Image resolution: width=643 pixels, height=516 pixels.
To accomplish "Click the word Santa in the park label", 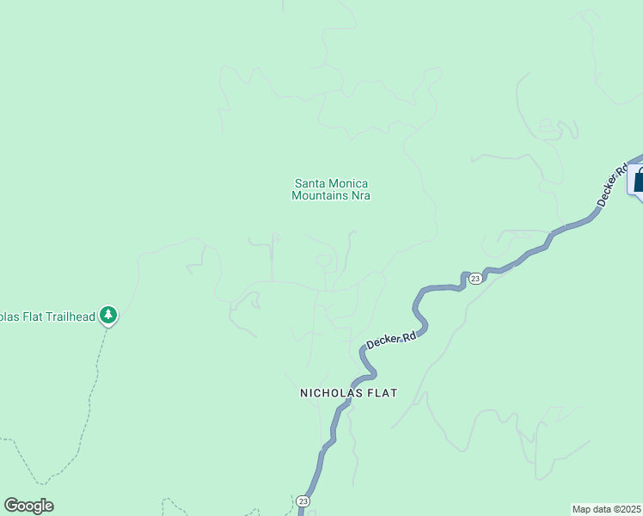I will (x=310, y=183).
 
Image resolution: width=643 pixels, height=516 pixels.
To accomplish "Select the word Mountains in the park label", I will (x=320, y=195).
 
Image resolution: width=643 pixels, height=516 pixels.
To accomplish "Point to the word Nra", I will (x=360, y=195).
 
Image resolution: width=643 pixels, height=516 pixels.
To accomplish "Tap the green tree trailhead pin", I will (x=107, y=316).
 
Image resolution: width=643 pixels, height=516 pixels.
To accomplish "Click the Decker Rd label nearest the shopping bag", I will (x=612, y=185).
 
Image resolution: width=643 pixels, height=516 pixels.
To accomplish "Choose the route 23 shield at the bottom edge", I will (x=303, y=501).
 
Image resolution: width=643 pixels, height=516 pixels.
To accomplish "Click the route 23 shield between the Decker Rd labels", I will (x=475, y=278).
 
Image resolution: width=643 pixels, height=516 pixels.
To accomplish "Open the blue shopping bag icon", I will (x=638, y=181).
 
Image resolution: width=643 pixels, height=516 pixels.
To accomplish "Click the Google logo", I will (x=28, y=506).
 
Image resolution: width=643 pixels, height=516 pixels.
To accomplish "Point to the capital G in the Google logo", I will (x=10, y=505).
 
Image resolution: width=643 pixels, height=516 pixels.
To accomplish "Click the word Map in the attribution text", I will (x=581, y=509).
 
